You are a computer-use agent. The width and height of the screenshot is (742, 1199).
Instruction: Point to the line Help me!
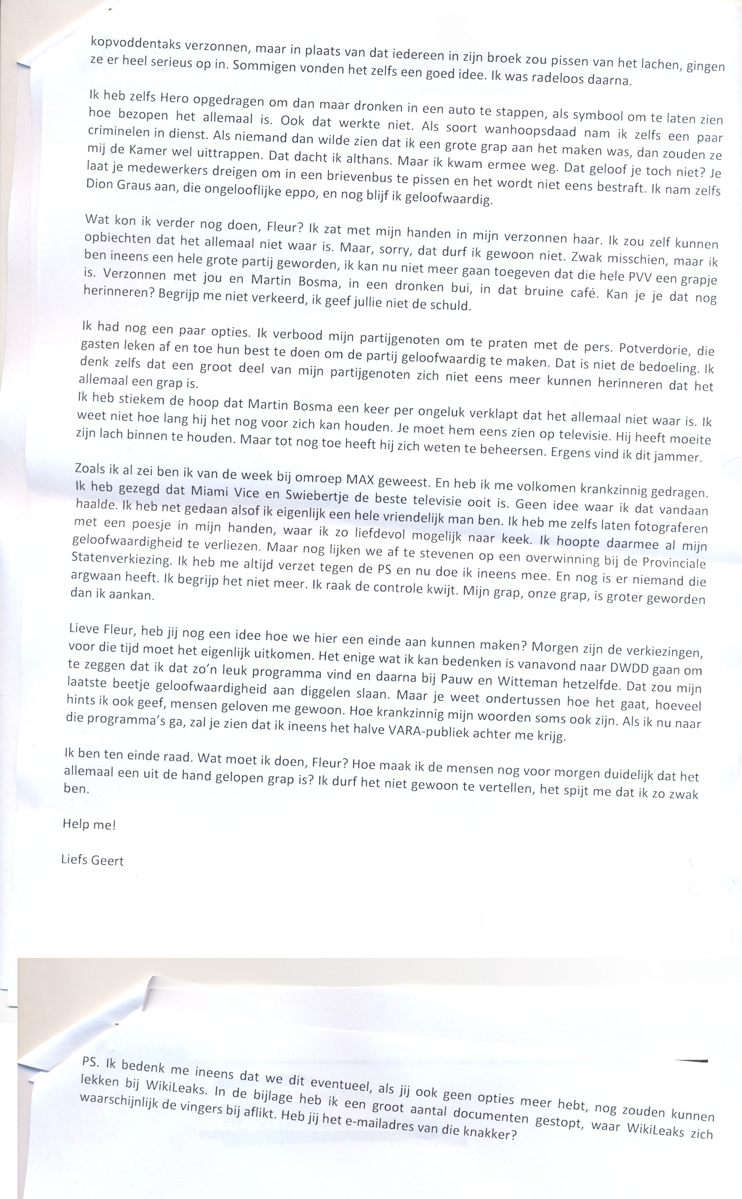coord(89,825)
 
